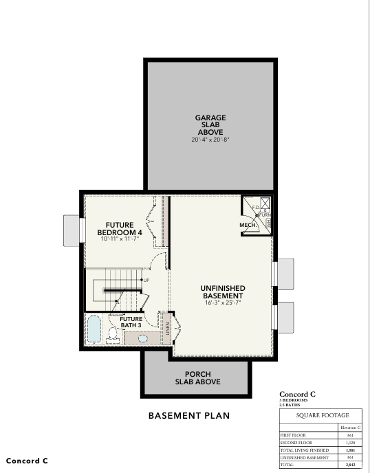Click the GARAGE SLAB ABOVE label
pos(210,124)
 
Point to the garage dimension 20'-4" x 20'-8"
pos(210,140)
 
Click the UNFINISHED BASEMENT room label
pos(223,291)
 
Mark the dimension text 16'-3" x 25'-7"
pos(223,302)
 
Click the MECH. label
pos(248,225)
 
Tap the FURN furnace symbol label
pos(265,216)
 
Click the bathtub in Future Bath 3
pos(94,329)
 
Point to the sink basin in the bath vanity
pos(143,338)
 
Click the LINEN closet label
pos(167,328)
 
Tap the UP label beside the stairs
pos(146,280)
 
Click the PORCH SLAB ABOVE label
pos(197,377)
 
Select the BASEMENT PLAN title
pos(189,416)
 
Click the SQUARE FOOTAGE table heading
pos(323,415)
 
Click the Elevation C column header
pos(351,428)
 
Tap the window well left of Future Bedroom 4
pos(71,229)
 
